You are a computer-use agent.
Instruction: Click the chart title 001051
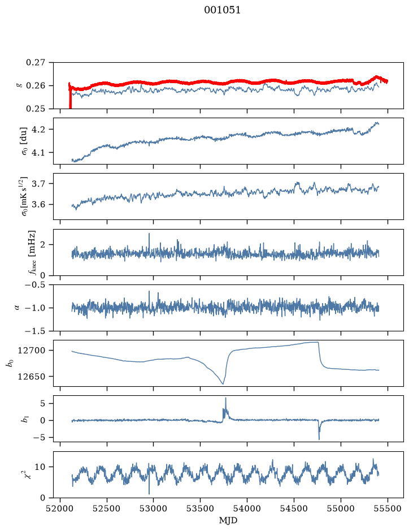222,10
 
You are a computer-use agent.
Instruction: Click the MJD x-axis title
228,520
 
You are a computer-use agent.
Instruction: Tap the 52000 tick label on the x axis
60,508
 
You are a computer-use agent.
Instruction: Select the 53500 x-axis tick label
201,508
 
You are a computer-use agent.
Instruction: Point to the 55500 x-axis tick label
388,508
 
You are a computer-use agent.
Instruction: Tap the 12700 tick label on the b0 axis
32,351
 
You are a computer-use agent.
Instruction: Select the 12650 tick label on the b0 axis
32,376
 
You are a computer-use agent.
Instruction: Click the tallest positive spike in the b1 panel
225,399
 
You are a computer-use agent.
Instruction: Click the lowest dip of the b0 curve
223,383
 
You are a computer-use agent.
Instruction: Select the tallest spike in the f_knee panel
149,234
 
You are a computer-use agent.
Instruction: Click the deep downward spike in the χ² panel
149,493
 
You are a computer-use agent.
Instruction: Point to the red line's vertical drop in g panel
70,97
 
